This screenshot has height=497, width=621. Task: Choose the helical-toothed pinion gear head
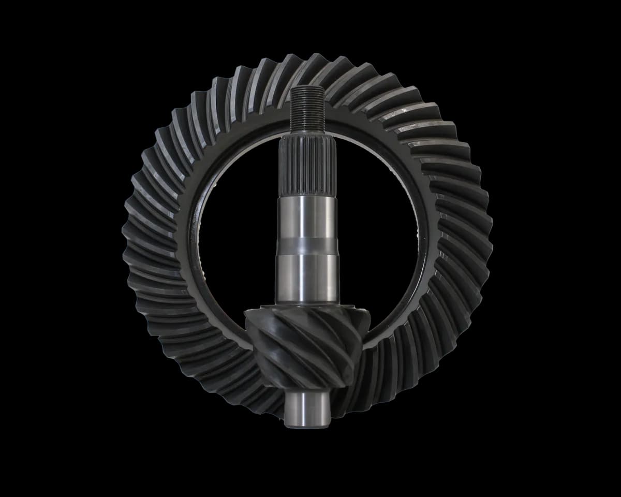click(305, 347)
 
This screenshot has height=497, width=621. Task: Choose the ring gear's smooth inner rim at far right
click(422, 243)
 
